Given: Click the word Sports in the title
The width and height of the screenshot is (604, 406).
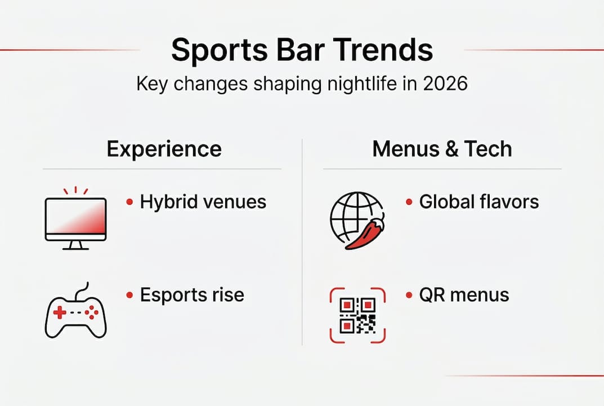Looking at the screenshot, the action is [x=220, y=51].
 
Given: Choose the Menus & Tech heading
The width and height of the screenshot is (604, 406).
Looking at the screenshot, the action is [x=442, y=149].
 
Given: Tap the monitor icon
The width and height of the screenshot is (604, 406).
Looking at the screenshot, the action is [x=75, y=218].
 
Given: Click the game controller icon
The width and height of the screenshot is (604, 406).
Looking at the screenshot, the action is [x=75, y=311].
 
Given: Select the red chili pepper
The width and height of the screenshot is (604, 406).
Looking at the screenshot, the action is [x=365, y=233].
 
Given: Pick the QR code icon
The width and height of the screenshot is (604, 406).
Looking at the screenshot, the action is [x=357, y=315].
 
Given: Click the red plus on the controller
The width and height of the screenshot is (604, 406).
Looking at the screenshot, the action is [x=60, y=312].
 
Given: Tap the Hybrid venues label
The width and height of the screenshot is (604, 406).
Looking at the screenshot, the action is [x=203, y=202].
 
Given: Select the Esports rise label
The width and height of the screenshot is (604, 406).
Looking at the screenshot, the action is [x=192, y=295].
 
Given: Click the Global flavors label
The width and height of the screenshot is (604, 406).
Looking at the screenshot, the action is [x=479, y=202].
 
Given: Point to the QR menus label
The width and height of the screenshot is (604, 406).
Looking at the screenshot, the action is [x=464, y=295].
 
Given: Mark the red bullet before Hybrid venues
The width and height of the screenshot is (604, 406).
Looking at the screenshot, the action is [x=130, y=202].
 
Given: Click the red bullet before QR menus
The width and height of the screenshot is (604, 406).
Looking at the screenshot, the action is [x=409, y=295].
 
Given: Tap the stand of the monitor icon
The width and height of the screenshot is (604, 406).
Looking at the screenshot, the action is [x=75, y=245].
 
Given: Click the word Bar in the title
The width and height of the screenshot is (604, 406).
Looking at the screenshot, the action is [x=301, y=50].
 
